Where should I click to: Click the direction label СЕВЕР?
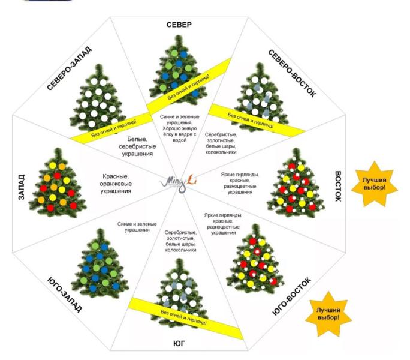pyautogui.click(x=179, y=24)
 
